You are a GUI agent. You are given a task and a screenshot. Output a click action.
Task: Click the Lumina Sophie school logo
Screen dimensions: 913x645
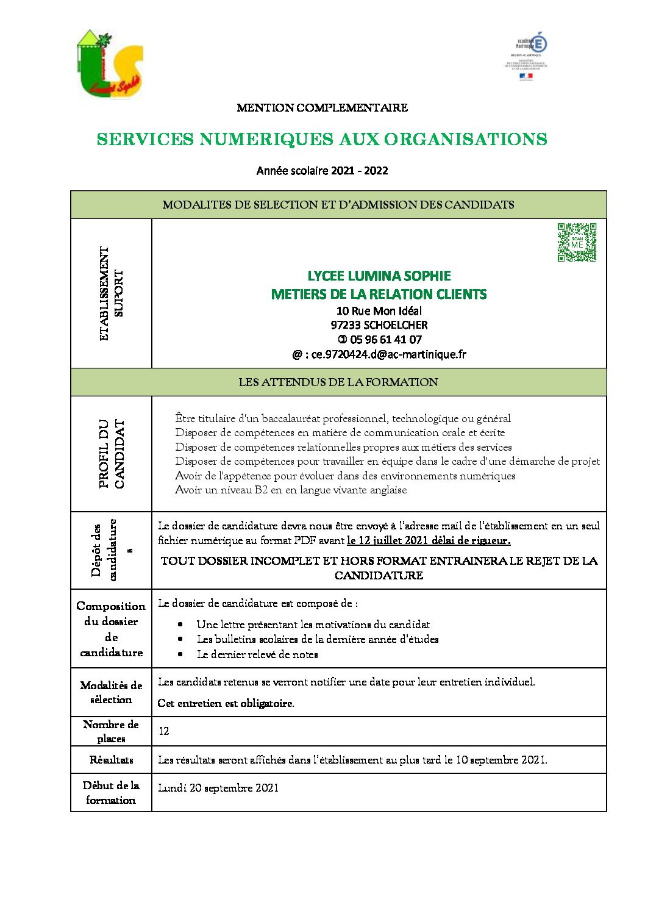tap(110, 64)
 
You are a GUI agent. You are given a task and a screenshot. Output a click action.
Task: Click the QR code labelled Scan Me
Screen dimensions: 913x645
tap(577, 242)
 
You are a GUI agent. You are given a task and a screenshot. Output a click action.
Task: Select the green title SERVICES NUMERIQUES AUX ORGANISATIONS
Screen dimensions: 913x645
tap(322, 140)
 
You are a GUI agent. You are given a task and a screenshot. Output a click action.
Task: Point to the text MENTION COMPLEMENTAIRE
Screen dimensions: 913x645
tap(322, 108)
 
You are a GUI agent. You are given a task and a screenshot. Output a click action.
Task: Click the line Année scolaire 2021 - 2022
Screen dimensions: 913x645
tap(322, 171)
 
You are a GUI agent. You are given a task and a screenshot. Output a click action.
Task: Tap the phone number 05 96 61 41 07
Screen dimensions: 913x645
tap(380, 340)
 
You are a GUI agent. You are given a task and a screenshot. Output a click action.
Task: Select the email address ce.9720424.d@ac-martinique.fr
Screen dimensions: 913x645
tap(380, 354)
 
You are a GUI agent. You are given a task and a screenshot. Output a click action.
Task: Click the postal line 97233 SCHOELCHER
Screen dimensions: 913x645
tap(379, 325)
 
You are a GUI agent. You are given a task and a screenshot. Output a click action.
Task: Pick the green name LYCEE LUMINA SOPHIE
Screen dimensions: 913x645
tap(379, 276)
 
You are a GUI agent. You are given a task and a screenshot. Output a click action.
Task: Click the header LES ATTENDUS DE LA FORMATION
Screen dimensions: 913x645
tap(338, 382)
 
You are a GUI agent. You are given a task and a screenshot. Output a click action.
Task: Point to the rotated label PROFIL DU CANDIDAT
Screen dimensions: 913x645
tap(112, 453)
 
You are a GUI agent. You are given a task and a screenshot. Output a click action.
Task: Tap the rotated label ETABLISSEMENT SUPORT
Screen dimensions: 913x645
tap(112, 293)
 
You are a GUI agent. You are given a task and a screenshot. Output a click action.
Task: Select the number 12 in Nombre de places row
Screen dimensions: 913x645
tap(164, 731)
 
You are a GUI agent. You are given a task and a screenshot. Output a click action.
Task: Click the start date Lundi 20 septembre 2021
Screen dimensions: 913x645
tap(218, 788)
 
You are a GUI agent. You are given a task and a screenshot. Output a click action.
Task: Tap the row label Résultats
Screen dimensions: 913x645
tap(111, 760)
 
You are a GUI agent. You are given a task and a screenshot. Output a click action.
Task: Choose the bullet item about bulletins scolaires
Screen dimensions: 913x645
tap(318, 639)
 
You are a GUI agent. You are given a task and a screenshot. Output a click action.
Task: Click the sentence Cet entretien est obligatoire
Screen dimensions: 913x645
tap(226, 703)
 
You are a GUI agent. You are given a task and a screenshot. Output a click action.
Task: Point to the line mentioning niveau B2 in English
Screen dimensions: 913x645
tap(291, 490)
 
